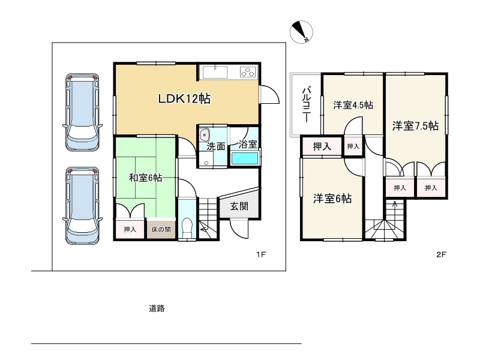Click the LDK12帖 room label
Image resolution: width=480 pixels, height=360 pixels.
(184, 99)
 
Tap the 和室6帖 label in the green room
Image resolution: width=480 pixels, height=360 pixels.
(145, 178)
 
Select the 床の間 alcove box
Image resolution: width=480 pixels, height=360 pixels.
(161, 229)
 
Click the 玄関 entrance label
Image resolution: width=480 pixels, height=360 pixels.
(239, 206)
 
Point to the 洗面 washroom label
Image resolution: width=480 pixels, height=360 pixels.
(216, 146)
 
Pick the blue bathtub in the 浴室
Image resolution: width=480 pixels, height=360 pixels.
(245, 158)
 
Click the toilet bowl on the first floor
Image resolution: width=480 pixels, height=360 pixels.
(187, 227)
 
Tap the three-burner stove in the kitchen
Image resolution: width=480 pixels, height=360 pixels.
(248, 72)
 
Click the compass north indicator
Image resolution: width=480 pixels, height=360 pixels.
(301, 32)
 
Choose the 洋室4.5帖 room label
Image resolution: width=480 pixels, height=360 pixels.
(353, 106)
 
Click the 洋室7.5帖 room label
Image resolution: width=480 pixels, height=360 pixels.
(415, 125)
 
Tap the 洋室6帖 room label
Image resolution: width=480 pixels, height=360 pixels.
(332, 199)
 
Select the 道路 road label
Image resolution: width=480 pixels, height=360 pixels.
(157, 308)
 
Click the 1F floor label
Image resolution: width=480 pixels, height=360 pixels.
(261, 254)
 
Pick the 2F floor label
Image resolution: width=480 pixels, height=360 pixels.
(441, 254)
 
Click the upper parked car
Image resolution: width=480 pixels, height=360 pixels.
(82, 112)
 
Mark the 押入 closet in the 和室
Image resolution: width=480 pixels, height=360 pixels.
(130, 229)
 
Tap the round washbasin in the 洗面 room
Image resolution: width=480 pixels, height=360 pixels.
(204, 134)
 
